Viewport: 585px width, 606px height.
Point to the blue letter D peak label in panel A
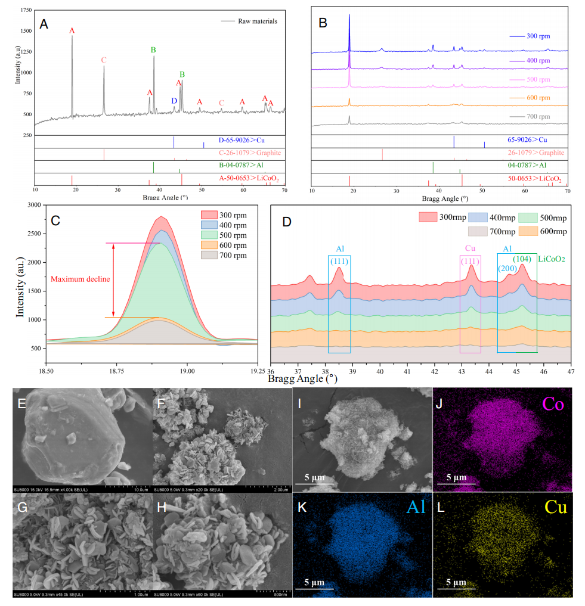click(174, 101)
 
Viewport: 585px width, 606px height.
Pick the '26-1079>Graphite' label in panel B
click(534, 153)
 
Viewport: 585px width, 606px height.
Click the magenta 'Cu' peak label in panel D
click(471, 247)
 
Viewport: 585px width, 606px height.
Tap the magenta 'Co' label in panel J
click(553, 405)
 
